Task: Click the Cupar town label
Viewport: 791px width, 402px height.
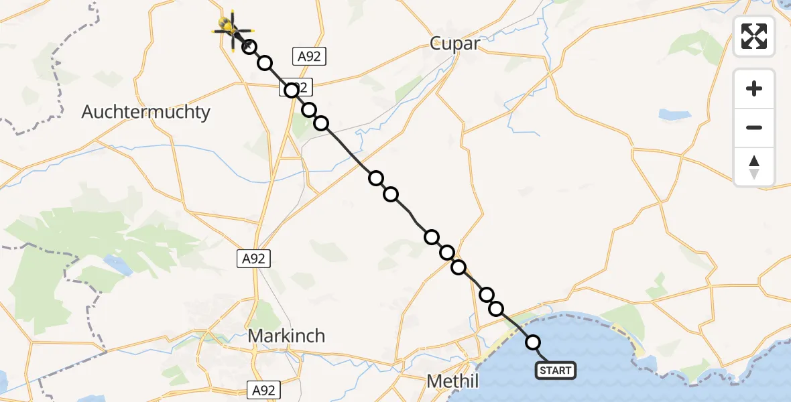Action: click(x=455, y=44)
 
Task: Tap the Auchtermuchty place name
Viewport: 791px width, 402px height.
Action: click(x=145, y=112)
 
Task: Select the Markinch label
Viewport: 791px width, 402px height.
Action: click(x=286, y=336)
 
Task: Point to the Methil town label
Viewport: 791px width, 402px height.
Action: click(x=453, y=382)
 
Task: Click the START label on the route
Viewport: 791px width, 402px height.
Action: click(x=555, y=371)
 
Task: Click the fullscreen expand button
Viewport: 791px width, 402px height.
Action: click(x=754, y=36)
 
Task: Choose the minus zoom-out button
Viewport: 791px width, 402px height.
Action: click(x=754, y=127)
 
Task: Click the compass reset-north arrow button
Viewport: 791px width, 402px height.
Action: click(x=754, y=166)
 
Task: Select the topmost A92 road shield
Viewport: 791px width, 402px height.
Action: click(x=309, y=56)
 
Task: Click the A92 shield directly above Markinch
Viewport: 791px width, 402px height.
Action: click(x=253, y=259)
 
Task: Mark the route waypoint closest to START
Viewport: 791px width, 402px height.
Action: click(x=533, y=342)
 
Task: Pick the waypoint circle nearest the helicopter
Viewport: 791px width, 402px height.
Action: click(x=249, y=47)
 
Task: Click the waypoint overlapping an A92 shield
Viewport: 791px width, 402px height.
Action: click(x=292, y=90)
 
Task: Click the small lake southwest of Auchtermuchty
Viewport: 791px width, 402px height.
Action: click(x=118, y=265)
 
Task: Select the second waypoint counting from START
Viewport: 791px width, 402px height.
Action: click(x=497, y=308)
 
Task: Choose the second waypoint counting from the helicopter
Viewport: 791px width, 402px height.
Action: click(x=265, y=64)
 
